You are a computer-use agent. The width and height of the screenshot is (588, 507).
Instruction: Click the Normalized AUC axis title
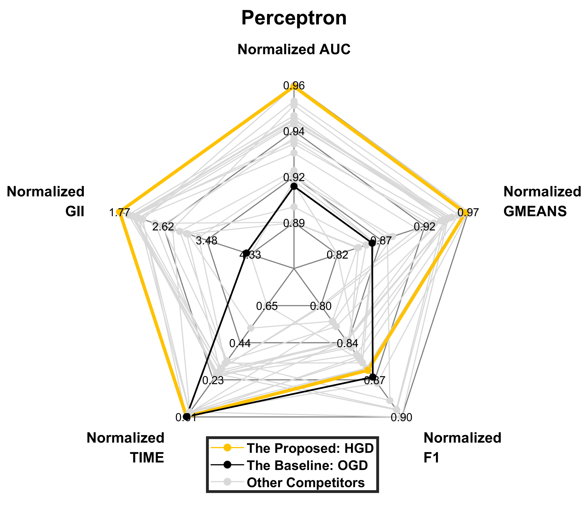point(294,49)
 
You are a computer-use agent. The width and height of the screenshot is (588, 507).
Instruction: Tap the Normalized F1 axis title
point(462,448)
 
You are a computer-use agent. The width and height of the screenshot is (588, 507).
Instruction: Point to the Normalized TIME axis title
point(125,448)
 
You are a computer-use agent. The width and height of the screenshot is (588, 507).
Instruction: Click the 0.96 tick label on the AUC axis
point(294,86)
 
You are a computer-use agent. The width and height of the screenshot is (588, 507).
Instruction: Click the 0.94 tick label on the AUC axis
point(294,132)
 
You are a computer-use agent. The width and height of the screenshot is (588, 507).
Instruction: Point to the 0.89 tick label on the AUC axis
point(294,223)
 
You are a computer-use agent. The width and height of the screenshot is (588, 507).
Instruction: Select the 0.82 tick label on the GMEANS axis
point(337,255)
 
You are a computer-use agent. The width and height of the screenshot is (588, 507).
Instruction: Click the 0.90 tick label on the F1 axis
point(401,417)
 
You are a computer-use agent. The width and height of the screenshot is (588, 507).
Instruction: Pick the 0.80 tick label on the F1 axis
point(321,306)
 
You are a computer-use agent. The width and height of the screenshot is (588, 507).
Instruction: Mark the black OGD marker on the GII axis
point(247,253)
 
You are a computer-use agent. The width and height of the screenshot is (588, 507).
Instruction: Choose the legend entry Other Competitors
point(305,482)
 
